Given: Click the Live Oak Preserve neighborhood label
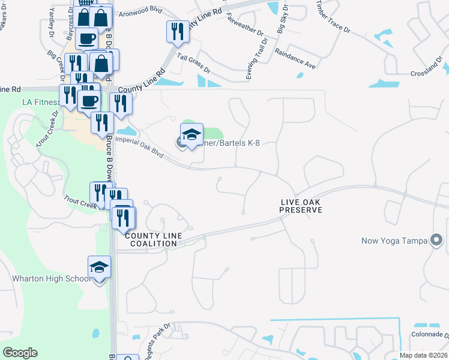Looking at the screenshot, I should pos(301,206).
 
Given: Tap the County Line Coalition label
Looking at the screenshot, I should pos(154,239).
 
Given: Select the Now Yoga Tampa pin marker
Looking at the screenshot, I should pos(436,241).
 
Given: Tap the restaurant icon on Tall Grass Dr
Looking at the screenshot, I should pos(177,31).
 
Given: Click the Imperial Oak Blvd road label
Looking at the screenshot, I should pos(139,147).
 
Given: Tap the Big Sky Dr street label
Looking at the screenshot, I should pos(282,19).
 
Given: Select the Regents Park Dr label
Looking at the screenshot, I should pos(157,338).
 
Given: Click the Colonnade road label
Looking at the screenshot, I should pos(430,334).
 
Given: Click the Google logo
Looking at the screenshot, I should pos(20,352).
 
